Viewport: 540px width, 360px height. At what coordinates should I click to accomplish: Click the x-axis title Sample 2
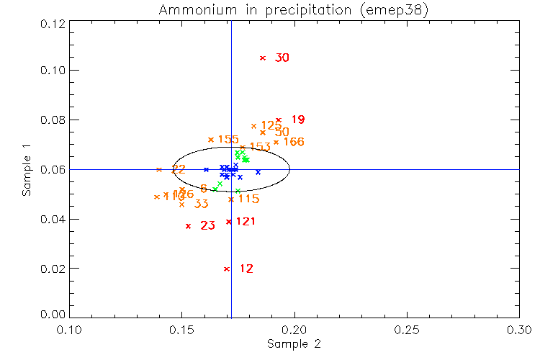click(293, 344)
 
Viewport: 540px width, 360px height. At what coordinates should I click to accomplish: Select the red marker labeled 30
click(263, 58)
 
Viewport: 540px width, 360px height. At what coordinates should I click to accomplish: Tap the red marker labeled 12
click(227, 269)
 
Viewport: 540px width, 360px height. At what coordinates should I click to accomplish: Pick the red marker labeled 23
click(188, 226)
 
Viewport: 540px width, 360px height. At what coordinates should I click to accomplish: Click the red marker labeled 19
click(279, 120)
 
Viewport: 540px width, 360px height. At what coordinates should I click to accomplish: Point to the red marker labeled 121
click(229, 222)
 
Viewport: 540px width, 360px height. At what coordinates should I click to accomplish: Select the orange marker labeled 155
click(211, 140)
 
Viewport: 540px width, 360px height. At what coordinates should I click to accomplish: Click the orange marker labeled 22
click(159, 169)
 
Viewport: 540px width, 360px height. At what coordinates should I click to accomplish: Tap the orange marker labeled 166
click(276, 142)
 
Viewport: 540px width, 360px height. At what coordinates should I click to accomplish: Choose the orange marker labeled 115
click(230, 199)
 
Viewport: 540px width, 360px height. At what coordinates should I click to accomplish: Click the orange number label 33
click(202, 204)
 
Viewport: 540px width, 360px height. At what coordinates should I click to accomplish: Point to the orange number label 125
click(271, 125)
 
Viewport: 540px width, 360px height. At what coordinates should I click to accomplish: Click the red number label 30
click(282, 58)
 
